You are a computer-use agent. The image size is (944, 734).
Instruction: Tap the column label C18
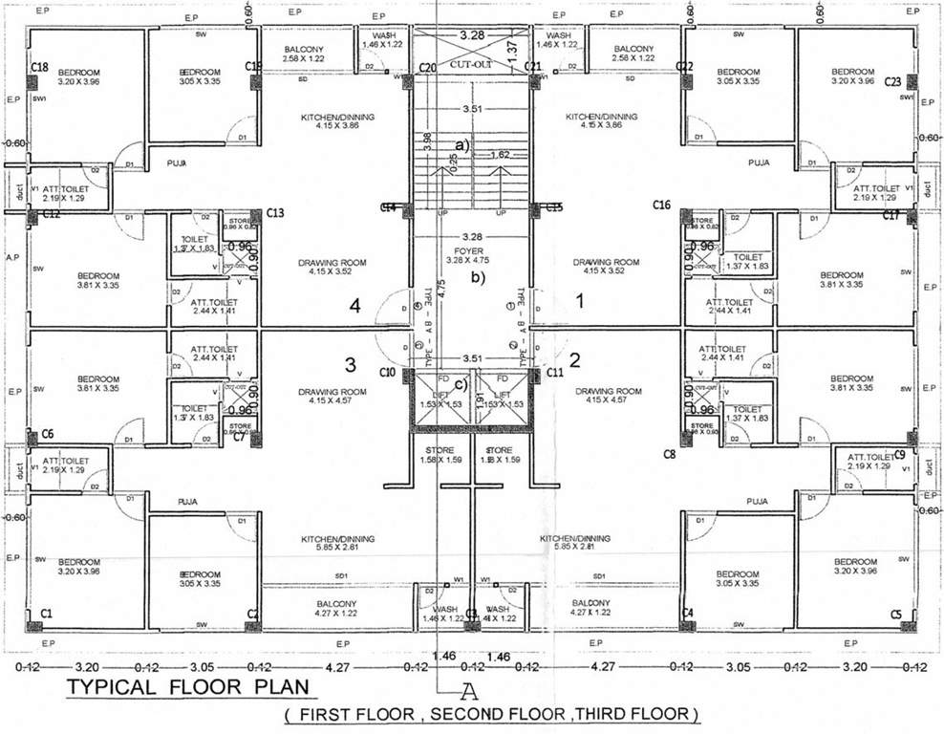39,67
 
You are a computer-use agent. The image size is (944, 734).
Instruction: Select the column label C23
893,82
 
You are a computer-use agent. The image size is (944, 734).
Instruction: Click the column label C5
895,615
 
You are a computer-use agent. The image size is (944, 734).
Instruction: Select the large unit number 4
354,307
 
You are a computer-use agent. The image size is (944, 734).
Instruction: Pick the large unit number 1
578,301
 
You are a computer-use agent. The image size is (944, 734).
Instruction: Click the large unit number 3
351,364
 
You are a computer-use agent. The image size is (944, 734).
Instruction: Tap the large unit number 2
575,360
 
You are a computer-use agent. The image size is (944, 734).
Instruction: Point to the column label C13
276,213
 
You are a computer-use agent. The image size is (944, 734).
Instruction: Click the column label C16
662,205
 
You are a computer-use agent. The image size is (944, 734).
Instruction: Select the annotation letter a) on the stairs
462,145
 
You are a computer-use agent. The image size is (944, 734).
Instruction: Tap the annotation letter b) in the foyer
478,279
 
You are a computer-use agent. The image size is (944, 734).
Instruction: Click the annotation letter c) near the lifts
461,385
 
